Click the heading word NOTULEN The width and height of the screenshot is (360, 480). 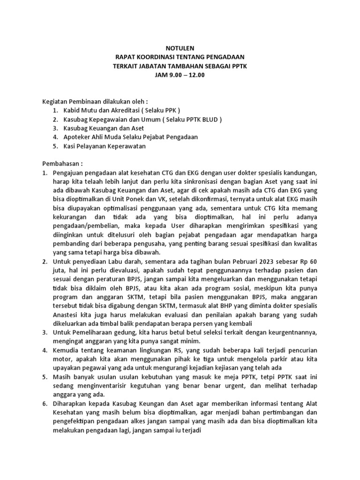coord(180,48)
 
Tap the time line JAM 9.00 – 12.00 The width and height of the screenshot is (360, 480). coord(180,75)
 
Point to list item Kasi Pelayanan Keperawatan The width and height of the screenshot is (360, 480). coord(105,146)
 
